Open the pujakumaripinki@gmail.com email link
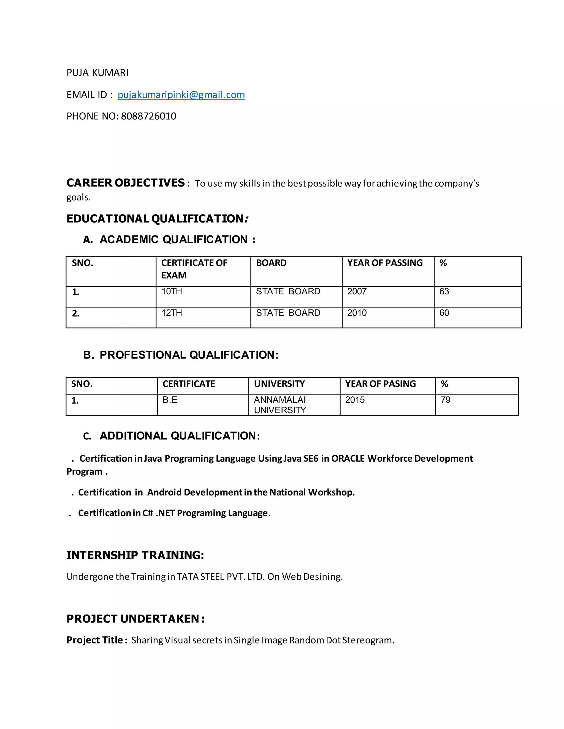click(x=181, y=95)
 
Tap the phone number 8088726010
click(x=148, y=116)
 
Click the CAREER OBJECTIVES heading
click(x=126, y=183)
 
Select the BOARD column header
click(x=271, y=263)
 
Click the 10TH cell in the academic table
click(x=172, y=291)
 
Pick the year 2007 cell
click(x=357, y=291)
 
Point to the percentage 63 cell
click(x=444, y=291)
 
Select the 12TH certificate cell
click(x=172, y=313)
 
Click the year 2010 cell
click(x=357, y=313)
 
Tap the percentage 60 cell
click(x=444, y=313)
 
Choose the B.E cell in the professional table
click(x=170, y=400)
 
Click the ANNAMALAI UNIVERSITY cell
click(x=280, y=405)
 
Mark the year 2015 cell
click(x=355, y=400)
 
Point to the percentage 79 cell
click(x=445, y=400)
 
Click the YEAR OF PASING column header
click(x=381, y=384)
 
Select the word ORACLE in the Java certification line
click(x=348, y=459)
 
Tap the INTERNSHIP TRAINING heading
click(x=135, y=555)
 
